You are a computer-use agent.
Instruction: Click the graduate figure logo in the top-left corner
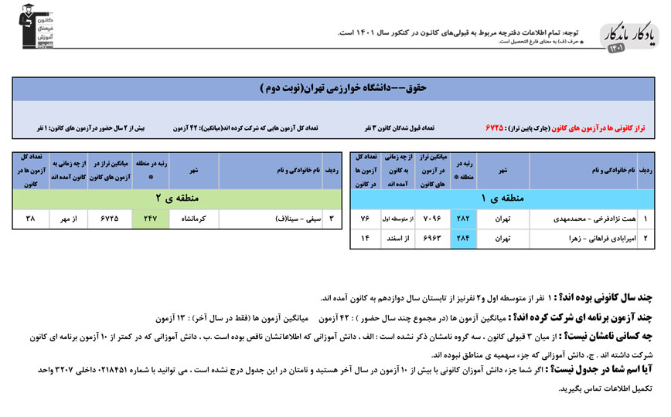pos(36,29)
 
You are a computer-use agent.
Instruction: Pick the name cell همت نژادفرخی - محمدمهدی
pos(587,219)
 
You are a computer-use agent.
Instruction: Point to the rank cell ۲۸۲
pos(465,219)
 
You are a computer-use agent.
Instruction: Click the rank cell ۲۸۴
pos(465,239)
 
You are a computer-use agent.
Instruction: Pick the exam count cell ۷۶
pos(366,219)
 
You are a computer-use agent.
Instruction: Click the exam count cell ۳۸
pos(31,219)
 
